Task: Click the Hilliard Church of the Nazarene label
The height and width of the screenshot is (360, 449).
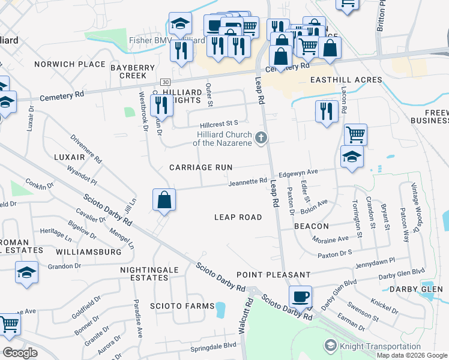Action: pos(223,139)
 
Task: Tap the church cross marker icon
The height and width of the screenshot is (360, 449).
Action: pos(261,139)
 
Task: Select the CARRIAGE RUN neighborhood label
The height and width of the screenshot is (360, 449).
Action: pos(200,167)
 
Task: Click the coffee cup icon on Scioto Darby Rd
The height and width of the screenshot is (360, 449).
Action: pos(300,296)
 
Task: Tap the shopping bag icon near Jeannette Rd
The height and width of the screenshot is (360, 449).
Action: pos(164,199)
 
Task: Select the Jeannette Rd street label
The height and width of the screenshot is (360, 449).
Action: pos(247,181)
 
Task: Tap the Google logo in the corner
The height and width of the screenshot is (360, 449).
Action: pos(20,353)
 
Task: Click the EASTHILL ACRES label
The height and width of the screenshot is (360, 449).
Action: pos(346,80)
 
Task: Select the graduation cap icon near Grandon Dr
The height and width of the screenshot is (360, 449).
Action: pos(26,273)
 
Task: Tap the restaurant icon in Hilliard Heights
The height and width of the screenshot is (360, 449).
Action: pos(161,106)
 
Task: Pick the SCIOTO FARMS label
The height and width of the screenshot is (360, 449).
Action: pos(183,306)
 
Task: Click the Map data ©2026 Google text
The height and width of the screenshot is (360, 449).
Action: pos(412,355)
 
